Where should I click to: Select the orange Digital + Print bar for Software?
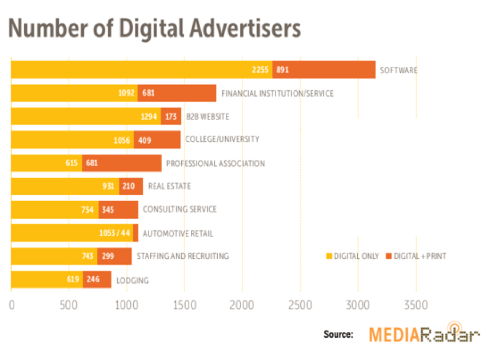pyautogui.click(x=324, y=70)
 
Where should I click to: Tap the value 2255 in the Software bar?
pyautogui.click(x=261, y=70)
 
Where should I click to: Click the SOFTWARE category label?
pyautogui.click(x=399, y=70)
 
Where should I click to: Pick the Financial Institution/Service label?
pyautogui.click(x=277, y=93)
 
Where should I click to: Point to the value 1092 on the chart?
pyautogui.click(x=126, y=93)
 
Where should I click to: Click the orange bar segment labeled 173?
pyautogui.click(x=171, y=117)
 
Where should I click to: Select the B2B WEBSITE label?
pyautogui.click(x=208, y=117)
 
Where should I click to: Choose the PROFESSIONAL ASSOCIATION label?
pyautogui.click(x=215, y=163)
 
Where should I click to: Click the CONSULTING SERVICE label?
pyautogui.click(x=179, y=209)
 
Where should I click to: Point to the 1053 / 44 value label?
pyautogui.click(x=115, y=233)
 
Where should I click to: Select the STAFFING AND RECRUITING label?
pyautogui.click(x=182, y=256)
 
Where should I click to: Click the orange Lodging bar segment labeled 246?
pyautogui.click(x=97, y=279)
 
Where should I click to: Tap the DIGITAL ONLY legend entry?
pyautogui.click(x=352, y=256)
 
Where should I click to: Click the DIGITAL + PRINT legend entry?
pyautogui.click(x=417, y=256)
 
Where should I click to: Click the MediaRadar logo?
pyautogui.click(x=424, y=334)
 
